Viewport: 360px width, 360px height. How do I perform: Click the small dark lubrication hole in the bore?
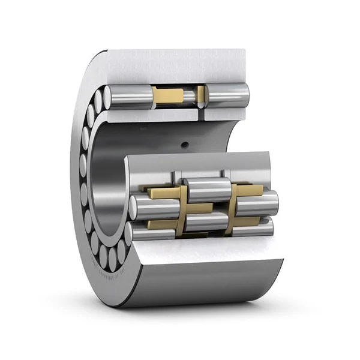(185, 143)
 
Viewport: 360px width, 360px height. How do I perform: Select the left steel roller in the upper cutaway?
(129, 97)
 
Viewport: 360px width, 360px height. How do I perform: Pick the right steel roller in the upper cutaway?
(228, 94)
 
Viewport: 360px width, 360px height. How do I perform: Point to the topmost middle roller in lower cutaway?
(207, 189)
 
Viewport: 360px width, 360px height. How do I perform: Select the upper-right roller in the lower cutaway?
(257, 203)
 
